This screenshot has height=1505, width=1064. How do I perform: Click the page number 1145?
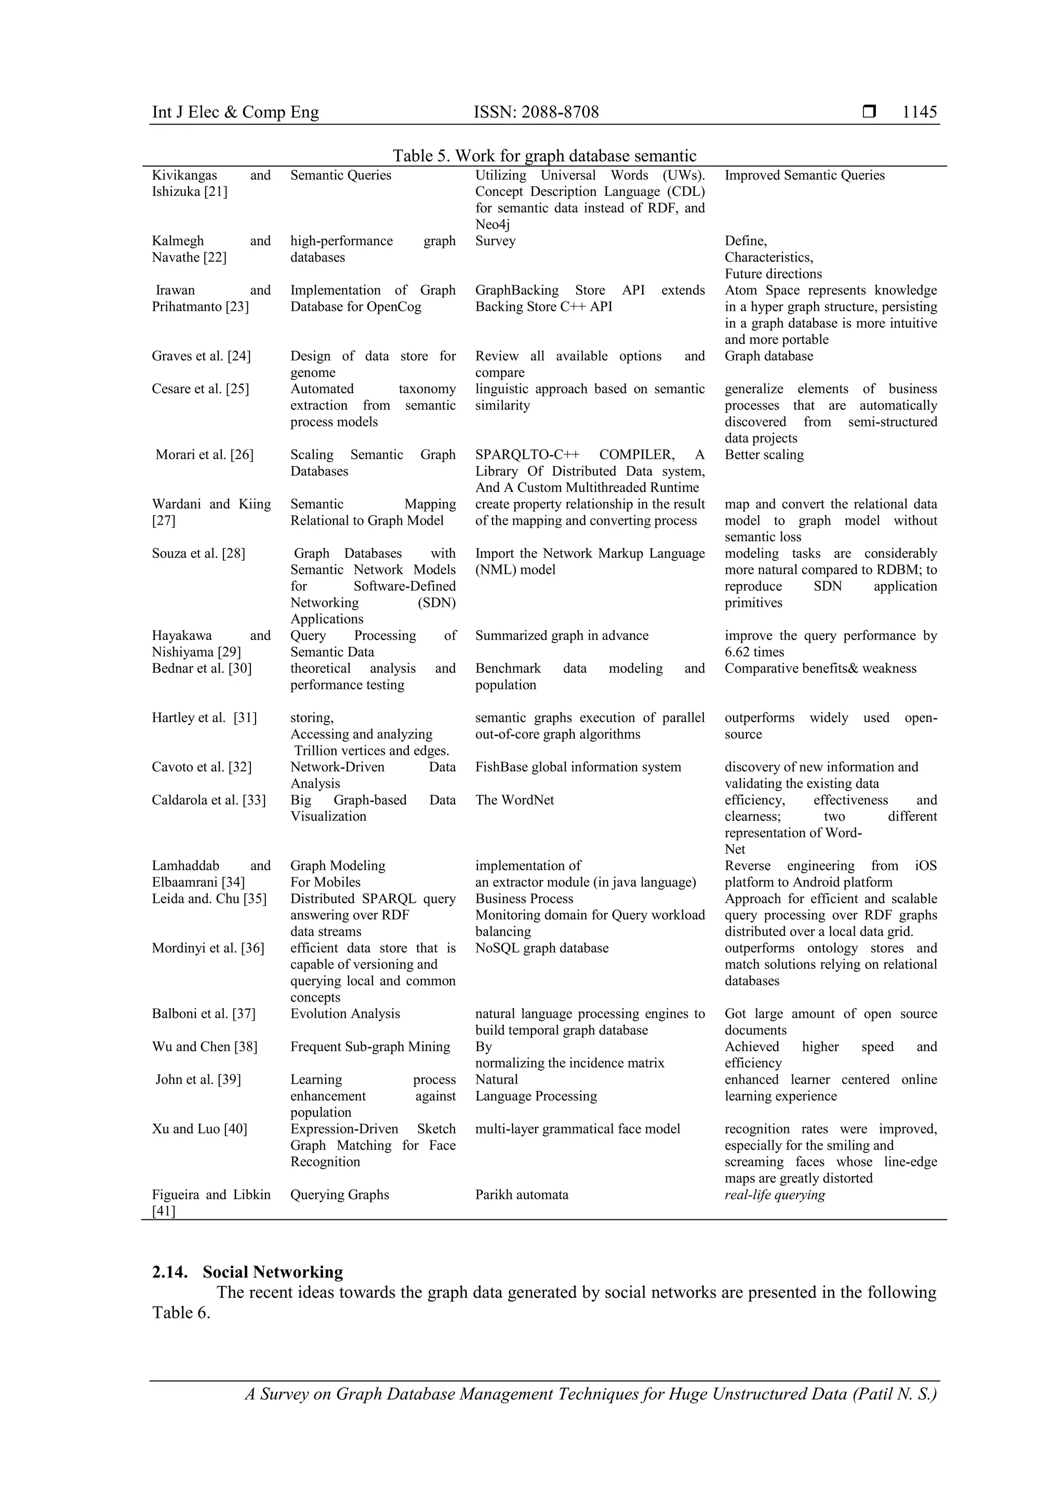coord(919,112)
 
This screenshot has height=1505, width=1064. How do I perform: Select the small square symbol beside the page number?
coord(869,112)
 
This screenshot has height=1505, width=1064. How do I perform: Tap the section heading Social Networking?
coord(272,1272)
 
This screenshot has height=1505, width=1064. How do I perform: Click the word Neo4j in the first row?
coord(493,225)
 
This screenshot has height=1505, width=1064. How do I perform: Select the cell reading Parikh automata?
coord(522,1195)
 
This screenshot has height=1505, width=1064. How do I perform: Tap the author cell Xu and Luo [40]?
coord(199,1129)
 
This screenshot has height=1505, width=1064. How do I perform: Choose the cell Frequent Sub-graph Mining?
coord(370,1047)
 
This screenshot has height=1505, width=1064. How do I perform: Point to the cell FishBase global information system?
coord(578,767)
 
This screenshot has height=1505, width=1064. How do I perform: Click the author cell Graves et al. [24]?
coord(201,356)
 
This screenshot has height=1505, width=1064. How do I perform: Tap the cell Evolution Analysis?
coord(345,1014)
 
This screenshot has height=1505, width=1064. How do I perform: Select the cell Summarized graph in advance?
coord(561,636)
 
